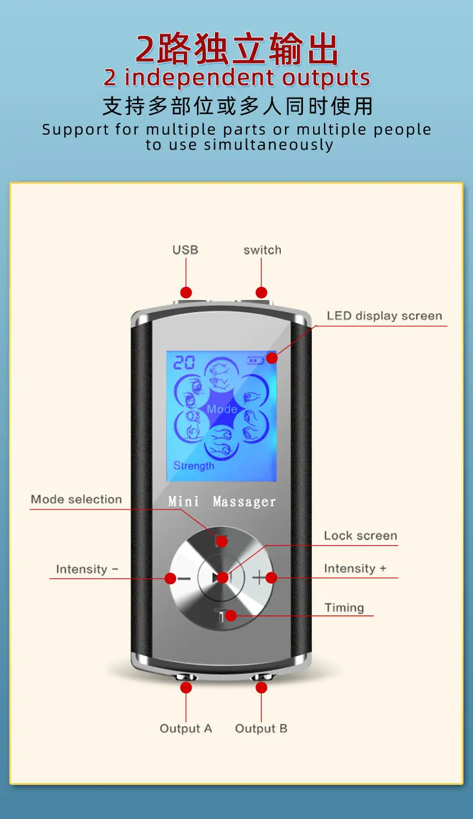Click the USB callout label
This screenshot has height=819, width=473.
click(x=186, y=250)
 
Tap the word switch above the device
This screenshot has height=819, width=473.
click(x=262, y=250)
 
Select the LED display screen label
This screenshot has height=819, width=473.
click(x=384, y=316)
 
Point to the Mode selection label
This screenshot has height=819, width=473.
click(x=76, y=499)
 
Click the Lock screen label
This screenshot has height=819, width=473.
click(x=360, y=536)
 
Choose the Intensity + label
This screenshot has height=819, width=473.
click(x=355, y=569)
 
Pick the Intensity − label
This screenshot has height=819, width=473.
click(x=87, y=569)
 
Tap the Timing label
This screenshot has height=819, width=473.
click(x=344, y=608)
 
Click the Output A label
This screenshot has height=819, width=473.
click(x=186, y=729)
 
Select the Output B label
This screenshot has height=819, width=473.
click(x=261, y=729)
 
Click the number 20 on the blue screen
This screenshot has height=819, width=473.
click(x=184, y=362)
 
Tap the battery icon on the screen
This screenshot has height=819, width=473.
click(x=256, y=361)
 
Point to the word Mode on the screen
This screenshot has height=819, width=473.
click(x=222, y=409)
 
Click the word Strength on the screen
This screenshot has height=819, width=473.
click(x=194, y=466)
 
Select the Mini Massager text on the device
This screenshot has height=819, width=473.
click(x=222, y=501)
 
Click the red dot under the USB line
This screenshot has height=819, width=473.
click(x=186, y=293)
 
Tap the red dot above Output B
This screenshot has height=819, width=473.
click(x=262, y=688)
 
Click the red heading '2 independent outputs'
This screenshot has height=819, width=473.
click(x=237, y=78)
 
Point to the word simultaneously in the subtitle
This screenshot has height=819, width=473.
click(x=269, y=145)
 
